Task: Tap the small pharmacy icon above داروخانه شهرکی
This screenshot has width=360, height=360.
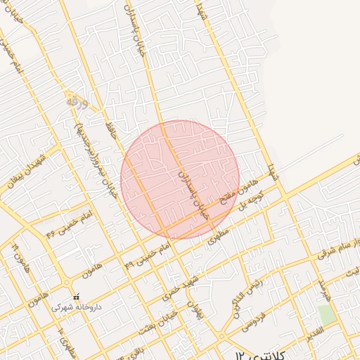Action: point(77,297)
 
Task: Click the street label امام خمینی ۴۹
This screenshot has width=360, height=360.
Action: point(147,257)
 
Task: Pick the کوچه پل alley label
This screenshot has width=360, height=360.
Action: point(252,202)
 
